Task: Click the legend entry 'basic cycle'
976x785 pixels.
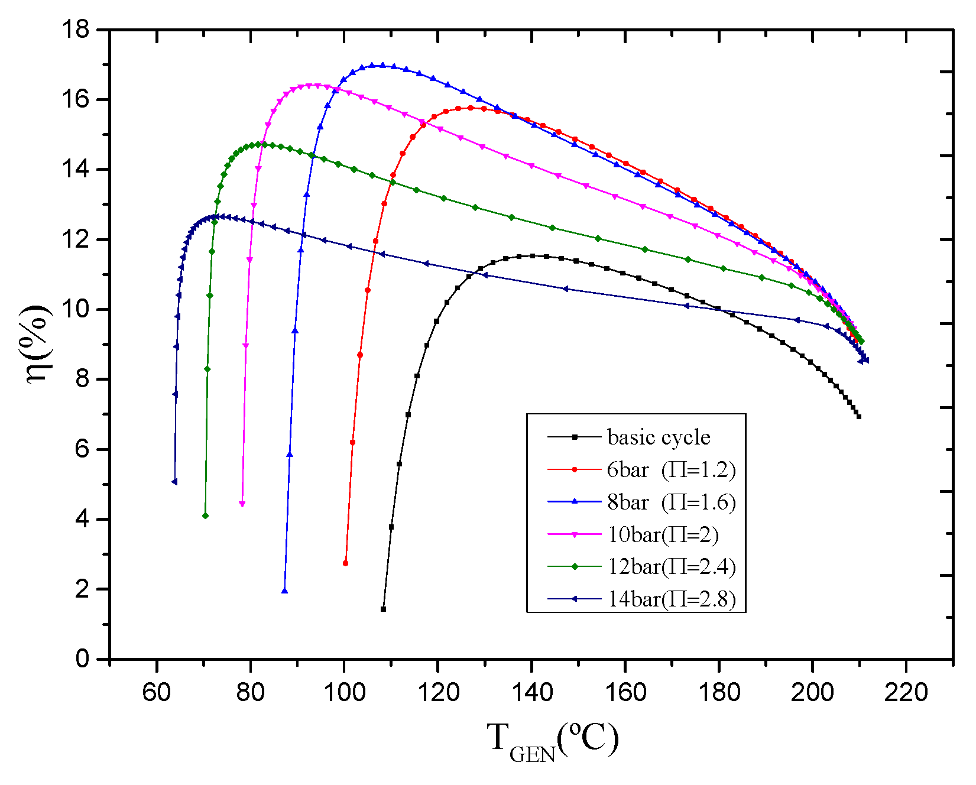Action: tap(659, 437)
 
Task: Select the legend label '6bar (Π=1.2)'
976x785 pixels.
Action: tap(671, 470)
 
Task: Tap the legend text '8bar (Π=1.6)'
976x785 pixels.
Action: tap(672, 502)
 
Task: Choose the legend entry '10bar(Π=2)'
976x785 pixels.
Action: tap(663, 535)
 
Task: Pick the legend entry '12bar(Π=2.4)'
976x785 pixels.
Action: tap(672, 567)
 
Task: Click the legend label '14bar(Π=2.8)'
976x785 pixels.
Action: tap(672, 599)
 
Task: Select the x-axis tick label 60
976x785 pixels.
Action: tap(157, 692)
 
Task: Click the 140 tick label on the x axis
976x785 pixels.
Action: tap(531, 692)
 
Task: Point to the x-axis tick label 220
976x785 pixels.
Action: tap(906, 692)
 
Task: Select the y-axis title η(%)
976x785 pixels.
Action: tap(40, 344)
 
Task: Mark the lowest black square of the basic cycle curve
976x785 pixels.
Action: tap(383, 609)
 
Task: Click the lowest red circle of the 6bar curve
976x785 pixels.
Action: tap(345, 563)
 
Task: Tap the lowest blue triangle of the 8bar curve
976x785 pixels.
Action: tap(285, 591)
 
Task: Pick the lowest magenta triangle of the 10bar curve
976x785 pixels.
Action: tap(242, 504)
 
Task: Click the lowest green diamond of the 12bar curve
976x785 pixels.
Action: tap(205, 516)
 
